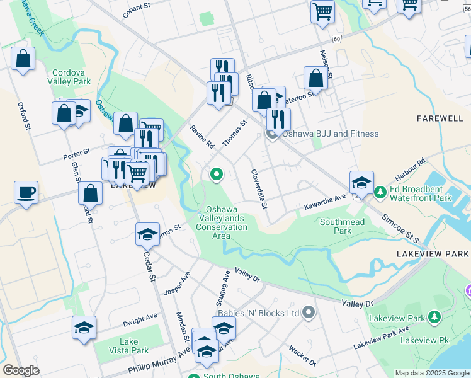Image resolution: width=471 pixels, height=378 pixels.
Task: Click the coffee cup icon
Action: point(26,192)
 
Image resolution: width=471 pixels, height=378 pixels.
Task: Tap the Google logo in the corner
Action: point(21,370)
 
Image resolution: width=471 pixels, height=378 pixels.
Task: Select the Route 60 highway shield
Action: point(338,38)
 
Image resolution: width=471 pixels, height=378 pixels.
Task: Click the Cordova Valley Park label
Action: point(71,77)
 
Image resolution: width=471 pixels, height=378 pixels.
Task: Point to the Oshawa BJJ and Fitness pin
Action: point(272,134)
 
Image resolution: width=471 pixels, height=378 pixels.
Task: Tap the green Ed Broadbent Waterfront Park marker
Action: point(380,192)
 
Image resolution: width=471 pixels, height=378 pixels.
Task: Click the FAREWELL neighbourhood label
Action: point(440,118)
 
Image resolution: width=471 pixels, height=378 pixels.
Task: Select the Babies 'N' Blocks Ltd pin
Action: point(308,312)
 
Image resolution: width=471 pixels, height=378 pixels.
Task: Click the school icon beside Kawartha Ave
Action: point(361,182)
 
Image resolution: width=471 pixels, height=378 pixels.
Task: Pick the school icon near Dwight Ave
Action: point(84,328)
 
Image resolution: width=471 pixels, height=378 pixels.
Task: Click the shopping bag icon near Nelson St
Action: point(315,78)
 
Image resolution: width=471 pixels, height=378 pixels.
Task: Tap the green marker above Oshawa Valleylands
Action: point(217,174)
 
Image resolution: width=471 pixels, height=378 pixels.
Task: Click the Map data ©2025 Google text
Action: point(431,373)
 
